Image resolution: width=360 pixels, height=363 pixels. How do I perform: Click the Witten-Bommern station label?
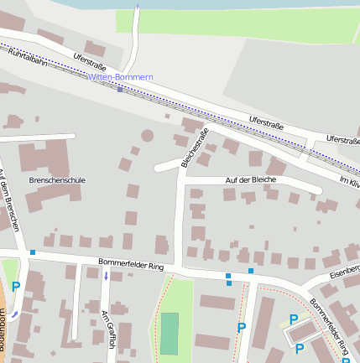(120, 77)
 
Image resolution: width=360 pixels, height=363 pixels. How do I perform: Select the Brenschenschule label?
(57, 180)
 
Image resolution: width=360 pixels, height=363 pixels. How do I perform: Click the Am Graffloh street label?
(107, 329)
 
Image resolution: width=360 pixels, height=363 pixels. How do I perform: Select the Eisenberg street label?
(344, 270)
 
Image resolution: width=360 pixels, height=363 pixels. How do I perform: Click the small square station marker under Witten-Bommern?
(120, 90)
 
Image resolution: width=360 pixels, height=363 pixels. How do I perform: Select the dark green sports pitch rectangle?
(170, 333)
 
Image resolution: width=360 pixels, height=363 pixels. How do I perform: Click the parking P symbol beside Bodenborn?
(16, 287)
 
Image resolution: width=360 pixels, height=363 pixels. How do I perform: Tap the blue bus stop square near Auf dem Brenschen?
(33, 252)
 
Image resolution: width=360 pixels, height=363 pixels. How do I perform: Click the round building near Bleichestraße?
(148, 135)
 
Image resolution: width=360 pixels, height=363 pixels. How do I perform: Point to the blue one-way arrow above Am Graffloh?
(106, 298)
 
